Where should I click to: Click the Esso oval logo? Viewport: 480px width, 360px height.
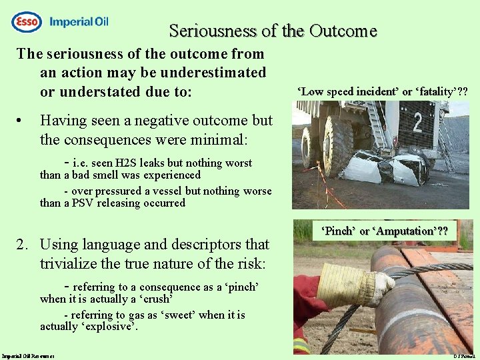pos(27,22)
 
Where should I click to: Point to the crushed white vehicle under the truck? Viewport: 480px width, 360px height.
pos(383,168)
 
